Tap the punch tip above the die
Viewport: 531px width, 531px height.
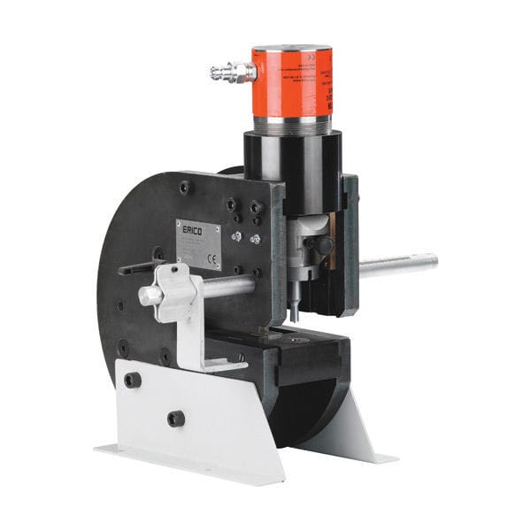point(294,311)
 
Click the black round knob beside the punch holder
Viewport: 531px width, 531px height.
point(324,244)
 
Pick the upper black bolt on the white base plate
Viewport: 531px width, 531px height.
point(133,381)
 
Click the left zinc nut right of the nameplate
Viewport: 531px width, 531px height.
point(236,236)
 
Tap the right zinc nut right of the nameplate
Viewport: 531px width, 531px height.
point(255,239)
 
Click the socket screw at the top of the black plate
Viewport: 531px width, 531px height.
point(185,188)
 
